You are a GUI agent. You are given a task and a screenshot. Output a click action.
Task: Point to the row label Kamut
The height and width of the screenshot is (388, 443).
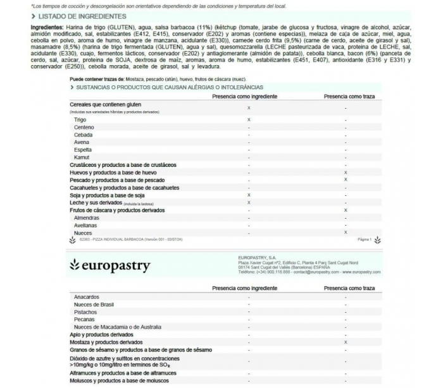(82, 157)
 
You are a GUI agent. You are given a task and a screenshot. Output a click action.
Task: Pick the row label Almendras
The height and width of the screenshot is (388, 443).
(87, 217)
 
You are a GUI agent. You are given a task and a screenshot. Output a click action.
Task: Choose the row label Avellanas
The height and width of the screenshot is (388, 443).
(86, 225)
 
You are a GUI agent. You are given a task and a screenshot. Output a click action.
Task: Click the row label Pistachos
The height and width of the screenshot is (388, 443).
(85, 312)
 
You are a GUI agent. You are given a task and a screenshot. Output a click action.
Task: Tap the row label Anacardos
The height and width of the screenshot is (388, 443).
(87, 296)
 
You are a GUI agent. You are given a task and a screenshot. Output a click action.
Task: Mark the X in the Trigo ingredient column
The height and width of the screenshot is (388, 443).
(249, 119)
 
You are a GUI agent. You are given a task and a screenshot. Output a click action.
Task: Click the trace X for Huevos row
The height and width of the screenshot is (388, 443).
(345, 173)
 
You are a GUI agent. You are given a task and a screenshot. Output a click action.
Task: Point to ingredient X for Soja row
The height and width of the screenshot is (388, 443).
(249, 195)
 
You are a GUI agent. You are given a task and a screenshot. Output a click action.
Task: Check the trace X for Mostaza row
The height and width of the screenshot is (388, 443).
(346, 342)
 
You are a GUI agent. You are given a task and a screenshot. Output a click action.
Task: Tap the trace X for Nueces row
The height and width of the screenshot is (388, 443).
(345, 233)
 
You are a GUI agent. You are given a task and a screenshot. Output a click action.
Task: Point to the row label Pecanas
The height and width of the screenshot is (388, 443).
(85, 319)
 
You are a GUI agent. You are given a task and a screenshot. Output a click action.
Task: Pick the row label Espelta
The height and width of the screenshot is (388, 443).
(83, 150)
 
